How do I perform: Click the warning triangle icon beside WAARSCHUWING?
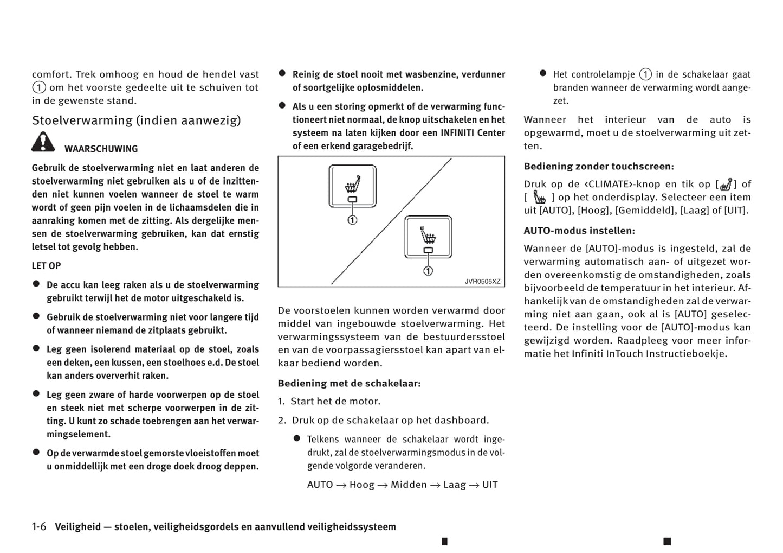coord(43,142)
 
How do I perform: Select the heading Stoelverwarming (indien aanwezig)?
coord(136,120)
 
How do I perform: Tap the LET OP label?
coord(46,266)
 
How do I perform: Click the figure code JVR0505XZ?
coord(482,282)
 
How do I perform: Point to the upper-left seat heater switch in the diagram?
coord(352,186)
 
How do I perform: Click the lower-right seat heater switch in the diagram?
coord(428,237)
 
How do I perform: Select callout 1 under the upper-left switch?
coord(352,220)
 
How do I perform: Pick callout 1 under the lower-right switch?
coord(428,271)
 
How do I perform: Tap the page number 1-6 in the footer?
coord(39,527)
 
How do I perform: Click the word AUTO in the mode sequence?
coord(320,485)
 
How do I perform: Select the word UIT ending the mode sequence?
coord(490,485)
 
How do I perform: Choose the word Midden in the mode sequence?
coord(409,485)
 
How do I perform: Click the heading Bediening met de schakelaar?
coord(349,384)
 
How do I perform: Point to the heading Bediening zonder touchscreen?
coord(599,167)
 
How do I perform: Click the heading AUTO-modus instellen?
coord(579,231)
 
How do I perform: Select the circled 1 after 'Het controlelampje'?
coord(645,74)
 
